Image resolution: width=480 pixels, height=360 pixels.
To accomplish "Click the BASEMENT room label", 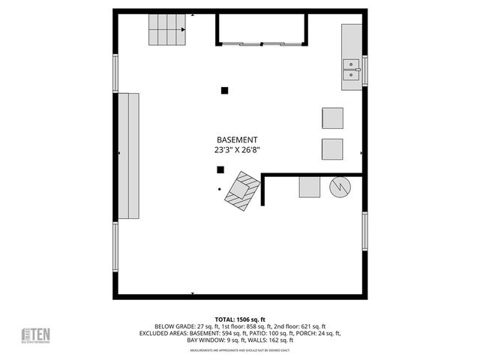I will point(237,140).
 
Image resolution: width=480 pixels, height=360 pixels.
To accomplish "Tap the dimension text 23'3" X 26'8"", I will point(237,150).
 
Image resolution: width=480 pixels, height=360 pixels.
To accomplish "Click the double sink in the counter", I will point(351,70).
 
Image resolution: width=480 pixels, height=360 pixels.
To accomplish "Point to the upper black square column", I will point(224,91).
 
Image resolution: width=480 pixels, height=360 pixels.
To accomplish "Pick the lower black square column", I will point(220,169).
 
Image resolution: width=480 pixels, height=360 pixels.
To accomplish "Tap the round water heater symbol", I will point(340,187).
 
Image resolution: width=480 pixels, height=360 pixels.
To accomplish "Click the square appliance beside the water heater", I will point(310,187).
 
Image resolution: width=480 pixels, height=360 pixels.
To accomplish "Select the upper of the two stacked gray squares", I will point(332,118).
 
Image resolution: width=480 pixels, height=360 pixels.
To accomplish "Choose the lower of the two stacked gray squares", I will point(332,149).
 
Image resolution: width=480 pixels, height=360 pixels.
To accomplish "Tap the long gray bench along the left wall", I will point(128,156).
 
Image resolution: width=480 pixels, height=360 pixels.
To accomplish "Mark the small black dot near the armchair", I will point(219,189).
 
